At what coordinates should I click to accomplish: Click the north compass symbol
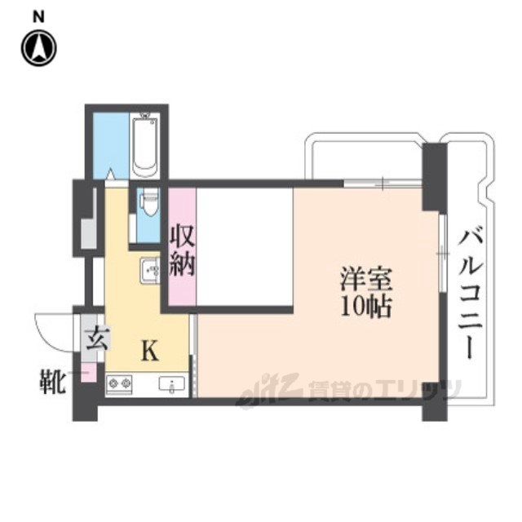click(x=38, y=48)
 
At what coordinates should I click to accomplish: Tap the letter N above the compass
click(x=38, y=15)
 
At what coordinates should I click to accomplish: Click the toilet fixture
click(x=148, y=203)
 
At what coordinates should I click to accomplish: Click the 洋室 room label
click(x=366, y=280)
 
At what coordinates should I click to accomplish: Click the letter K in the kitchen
click(x=150, y=352)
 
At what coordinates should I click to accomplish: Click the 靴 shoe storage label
click(x=55, y=381)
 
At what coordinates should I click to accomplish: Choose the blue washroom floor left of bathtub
click(x=110, y=143)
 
